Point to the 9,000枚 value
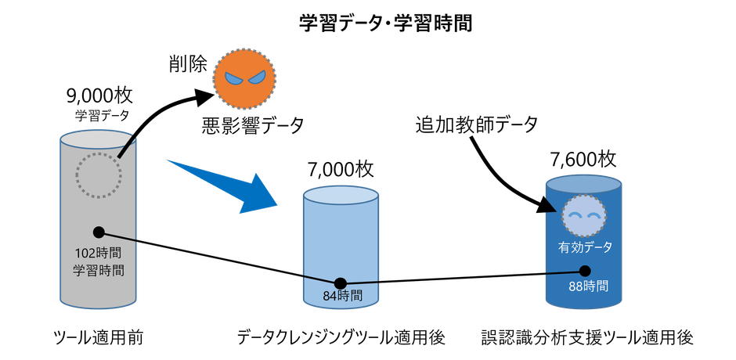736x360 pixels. coord(99,96)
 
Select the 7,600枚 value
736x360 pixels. coord(584,160)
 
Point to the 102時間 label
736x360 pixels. coord(98,254)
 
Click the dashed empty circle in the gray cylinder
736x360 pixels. coord(98,175)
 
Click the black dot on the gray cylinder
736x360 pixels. coord(99,232)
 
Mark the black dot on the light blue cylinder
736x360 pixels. coord(341,283)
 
